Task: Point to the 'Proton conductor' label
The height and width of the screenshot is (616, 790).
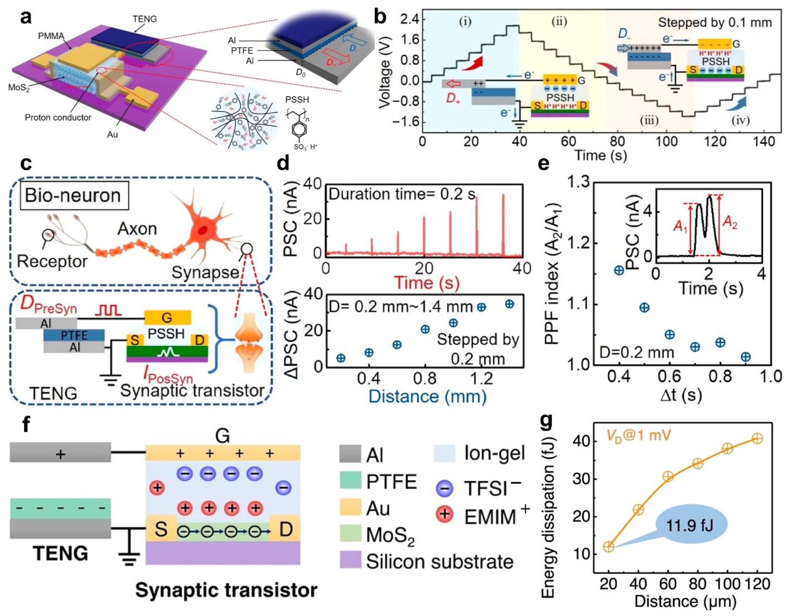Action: coord(58,117)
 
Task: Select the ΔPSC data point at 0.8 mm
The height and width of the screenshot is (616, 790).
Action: coord(425,329)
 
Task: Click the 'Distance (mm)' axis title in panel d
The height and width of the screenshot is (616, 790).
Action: coord(428,396)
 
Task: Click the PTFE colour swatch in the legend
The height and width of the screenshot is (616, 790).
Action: coord(350,481)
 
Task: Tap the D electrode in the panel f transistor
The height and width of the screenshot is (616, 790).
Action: coord(286,529)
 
